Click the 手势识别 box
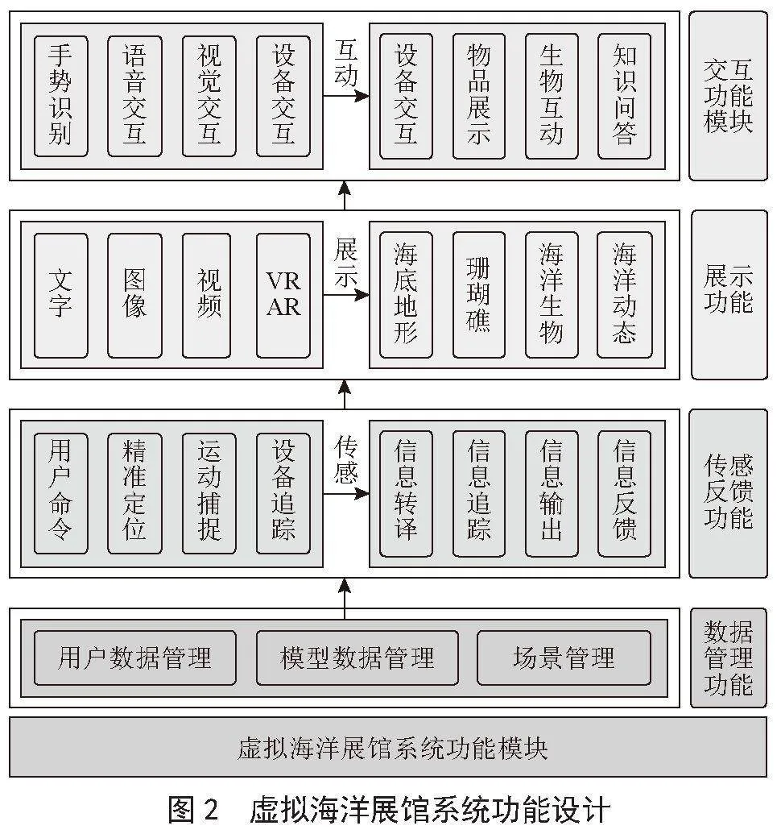(x=60, y=96)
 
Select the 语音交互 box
(x=134, y=96)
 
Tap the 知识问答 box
(x=624, y=96)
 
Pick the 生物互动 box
(x=552, y=96)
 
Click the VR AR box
(x=283, y=295)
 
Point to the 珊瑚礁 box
(x=479, y=295)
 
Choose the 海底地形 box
(x=406, y=295)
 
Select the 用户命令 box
(x=60, y=494)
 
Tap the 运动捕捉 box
(x=209, y=494)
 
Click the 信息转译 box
(x=406, y=494)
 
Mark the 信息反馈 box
(x=624, y=494)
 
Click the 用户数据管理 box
(x=135, y=658)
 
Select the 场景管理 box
(x=564, y=658)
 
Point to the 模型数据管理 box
(x=357, y=658)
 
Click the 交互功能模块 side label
(x=729, y=96)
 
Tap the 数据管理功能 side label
(x=729, y=658)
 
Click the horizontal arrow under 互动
(x=346, y=96)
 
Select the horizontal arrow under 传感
(x=346, y=494)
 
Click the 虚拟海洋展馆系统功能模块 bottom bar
(x=388, y=747)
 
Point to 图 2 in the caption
(x=193, y=810)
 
